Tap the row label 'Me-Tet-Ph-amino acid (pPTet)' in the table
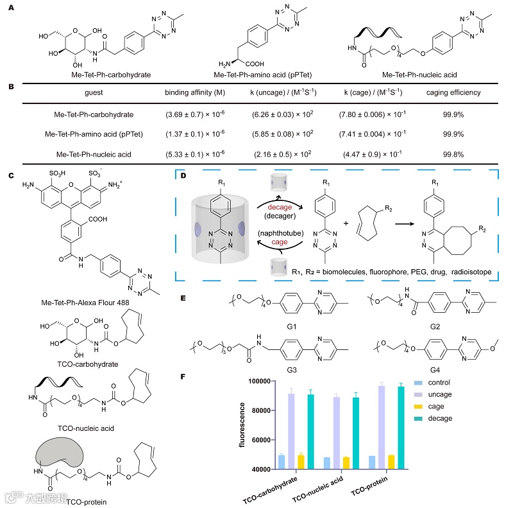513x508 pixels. pos(93,134)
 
